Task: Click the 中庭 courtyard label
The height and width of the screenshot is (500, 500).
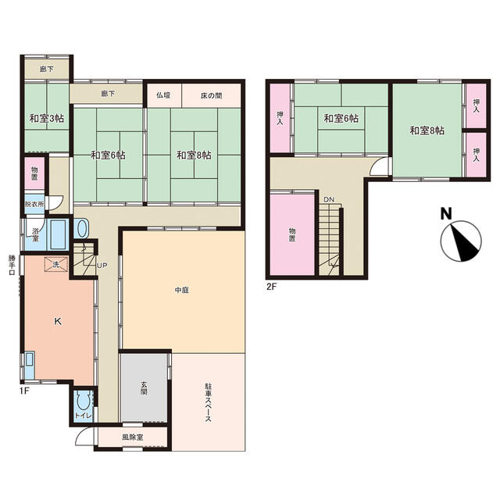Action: click(x=182, y=290)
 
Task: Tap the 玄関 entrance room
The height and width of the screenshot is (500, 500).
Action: click(x=144, y=387)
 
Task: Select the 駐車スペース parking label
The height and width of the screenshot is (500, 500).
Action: click(x=208, y=402)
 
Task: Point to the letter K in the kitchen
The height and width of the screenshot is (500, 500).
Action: click(x=58, y=321)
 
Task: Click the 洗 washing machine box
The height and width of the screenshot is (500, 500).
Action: click(x=56, y=264)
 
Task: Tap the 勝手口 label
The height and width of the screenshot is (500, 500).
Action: click(x=12, y=265)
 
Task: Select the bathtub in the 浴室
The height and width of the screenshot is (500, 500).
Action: click(x=58, y=234)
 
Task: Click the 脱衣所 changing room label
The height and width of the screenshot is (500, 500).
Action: click(x=34, y=204)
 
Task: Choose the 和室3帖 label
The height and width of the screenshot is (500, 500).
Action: click(x=47, y=119)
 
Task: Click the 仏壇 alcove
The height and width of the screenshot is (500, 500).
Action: click(x=163, y=95)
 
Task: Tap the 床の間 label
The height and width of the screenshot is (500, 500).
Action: click(x=212, y=95)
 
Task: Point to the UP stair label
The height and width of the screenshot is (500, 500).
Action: click(x=102, y=266)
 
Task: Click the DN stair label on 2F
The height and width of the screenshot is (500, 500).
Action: click(x=329, y=200)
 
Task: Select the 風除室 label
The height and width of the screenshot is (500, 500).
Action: click(x=132, y=437)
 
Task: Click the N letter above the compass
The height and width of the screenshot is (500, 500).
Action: click(x=446, y=213)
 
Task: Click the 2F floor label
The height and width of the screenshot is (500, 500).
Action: click(x=271, y=287)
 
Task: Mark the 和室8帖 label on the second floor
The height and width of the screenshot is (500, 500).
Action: click(x=427, y=130)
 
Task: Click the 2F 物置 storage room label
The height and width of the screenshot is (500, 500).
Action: click(x=292, y=234)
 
